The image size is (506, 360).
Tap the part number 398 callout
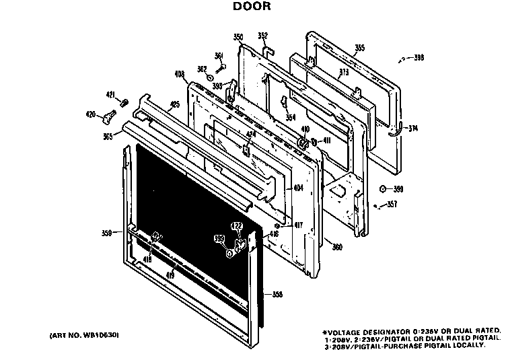tap(419, 59)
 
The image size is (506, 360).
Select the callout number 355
tap(360, 48)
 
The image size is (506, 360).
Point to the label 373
tap(344, 73)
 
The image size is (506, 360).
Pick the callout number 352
tap(263, 36)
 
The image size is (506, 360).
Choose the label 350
tap(238, 38)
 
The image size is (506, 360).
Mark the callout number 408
tap(179, 74)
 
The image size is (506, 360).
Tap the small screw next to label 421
tap(124, 102)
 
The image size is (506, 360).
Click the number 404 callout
tap(299, 189)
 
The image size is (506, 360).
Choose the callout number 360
tap(337, 247)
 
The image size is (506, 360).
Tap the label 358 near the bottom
tap(277, 294)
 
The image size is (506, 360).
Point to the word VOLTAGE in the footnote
tap(349, 331)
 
